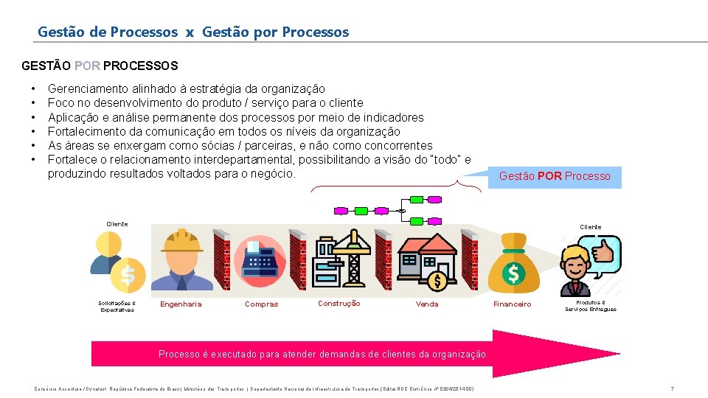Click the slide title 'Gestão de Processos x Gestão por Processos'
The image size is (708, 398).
pos(193,32)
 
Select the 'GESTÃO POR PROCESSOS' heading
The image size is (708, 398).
pos(100,66)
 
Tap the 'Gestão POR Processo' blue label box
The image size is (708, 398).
pos(555,176)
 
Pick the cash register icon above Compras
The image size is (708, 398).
pos(260,260)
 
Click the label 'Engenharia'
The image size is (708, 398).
pos(181,304)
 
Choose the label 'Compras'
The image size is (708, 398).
pos(262,304)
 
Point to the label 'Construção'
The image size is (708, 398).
pos(339,303)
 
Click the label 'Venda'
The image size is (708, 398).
pos(427,304)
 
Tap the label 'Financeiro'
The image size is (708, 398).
pos(512,304)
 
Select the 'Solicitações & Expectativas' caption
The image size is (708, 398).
pos(117,306)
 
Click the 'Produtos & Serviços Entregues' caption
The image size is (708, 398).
pos(591,305)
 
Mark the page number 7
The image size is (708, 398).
pos(672,388)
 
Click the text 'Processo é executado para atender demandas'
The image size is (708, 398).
pos(322,354)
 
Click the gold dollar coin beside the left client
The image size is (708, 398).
pos(128,275)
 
